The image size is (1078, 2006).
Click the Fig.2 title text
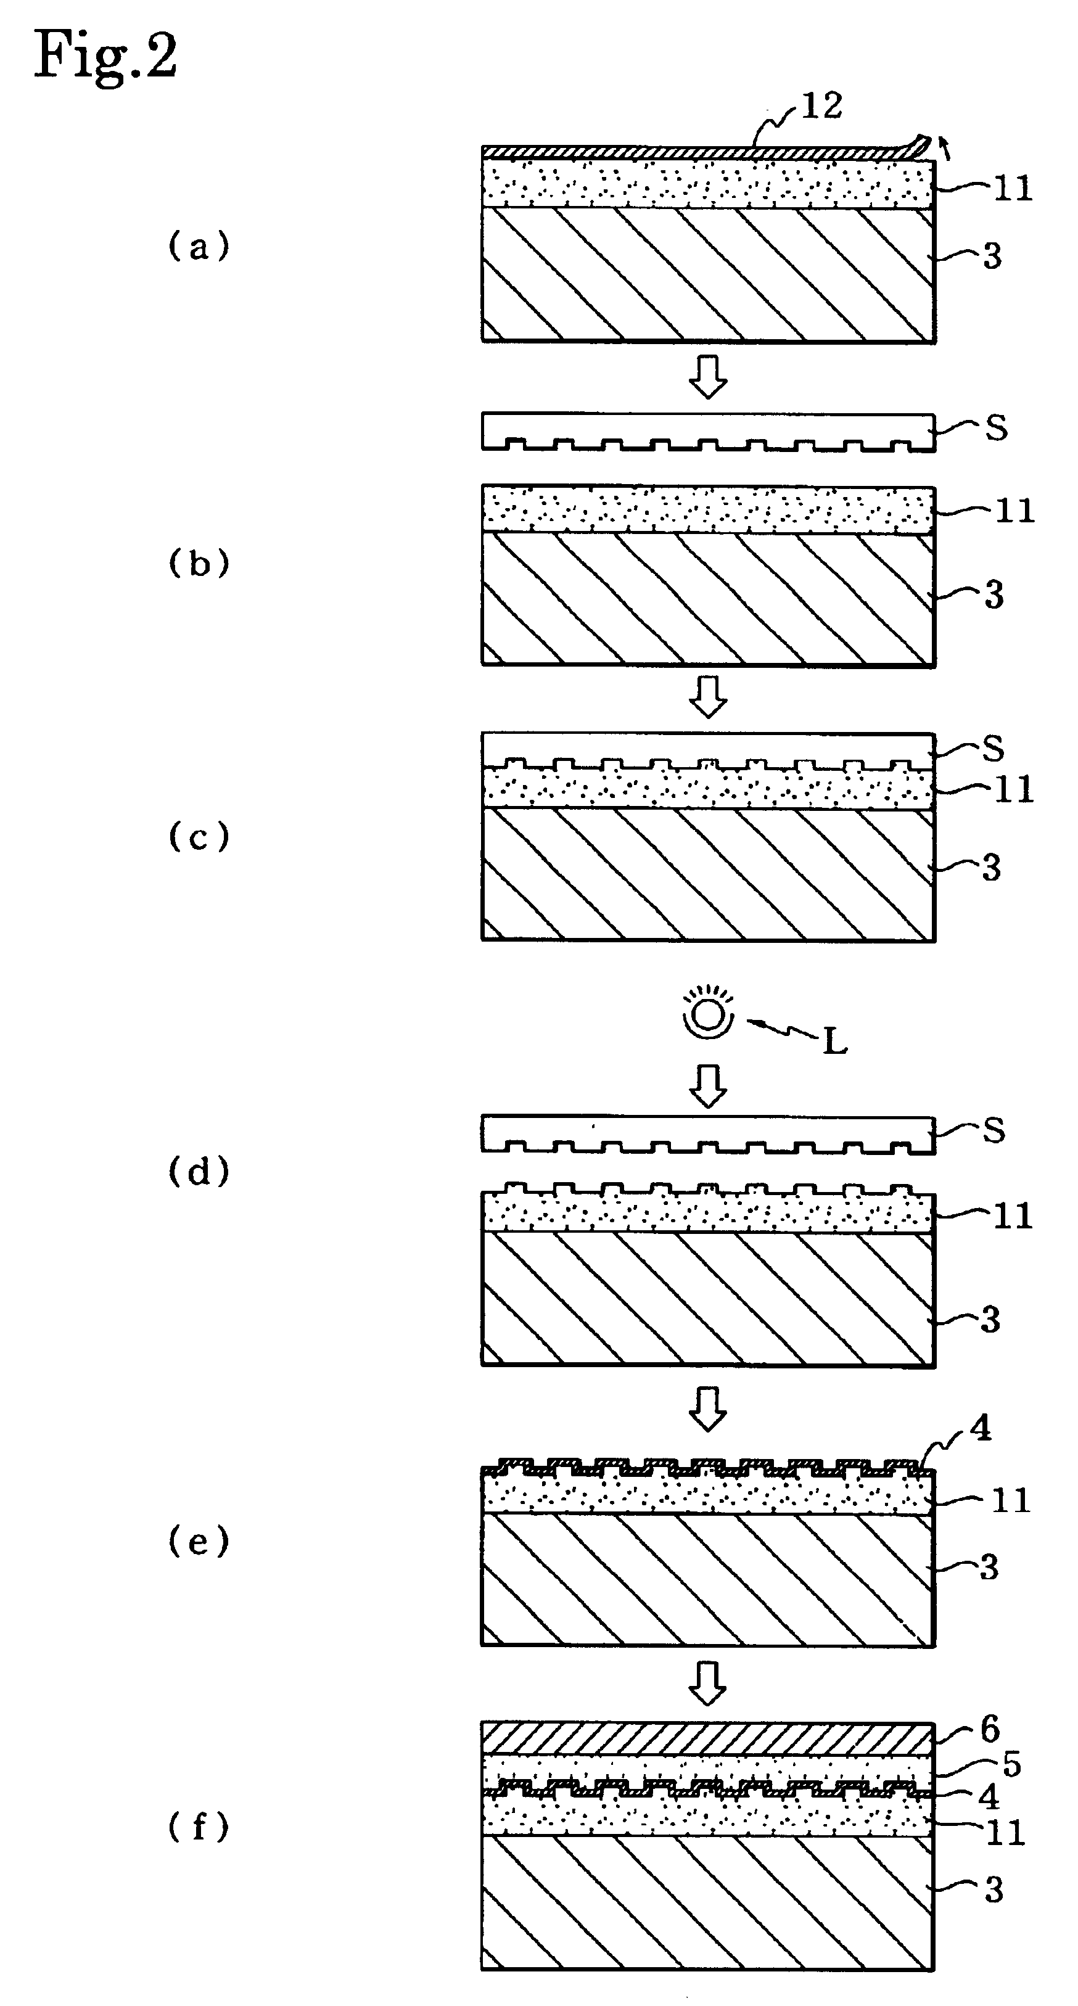pyautogui.click(x=106, y=56)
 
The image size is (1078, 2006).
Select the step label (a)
pyautogui.click(x=199, y=248)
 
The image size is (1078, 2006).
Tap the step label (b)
pyautogui.click(x=199, y=564)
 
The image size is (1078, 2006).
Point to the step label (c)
pyautogui.click(x=199, y=837)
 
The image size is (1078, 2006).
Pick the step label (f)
pyautogui.click(x=199, y=1826)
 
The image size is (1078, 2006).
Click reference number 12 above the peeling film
pyautogui.click(x=821, y=106)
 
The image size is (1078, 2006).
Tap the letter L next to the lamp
pyautogui.click(x=835, y=1042)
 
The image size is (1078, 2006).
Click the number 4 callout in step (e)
pyautogui.click(x=980, y=1428)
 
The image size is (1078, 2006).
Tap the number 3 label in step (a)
pyautogui.click(x=992, y=256)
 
